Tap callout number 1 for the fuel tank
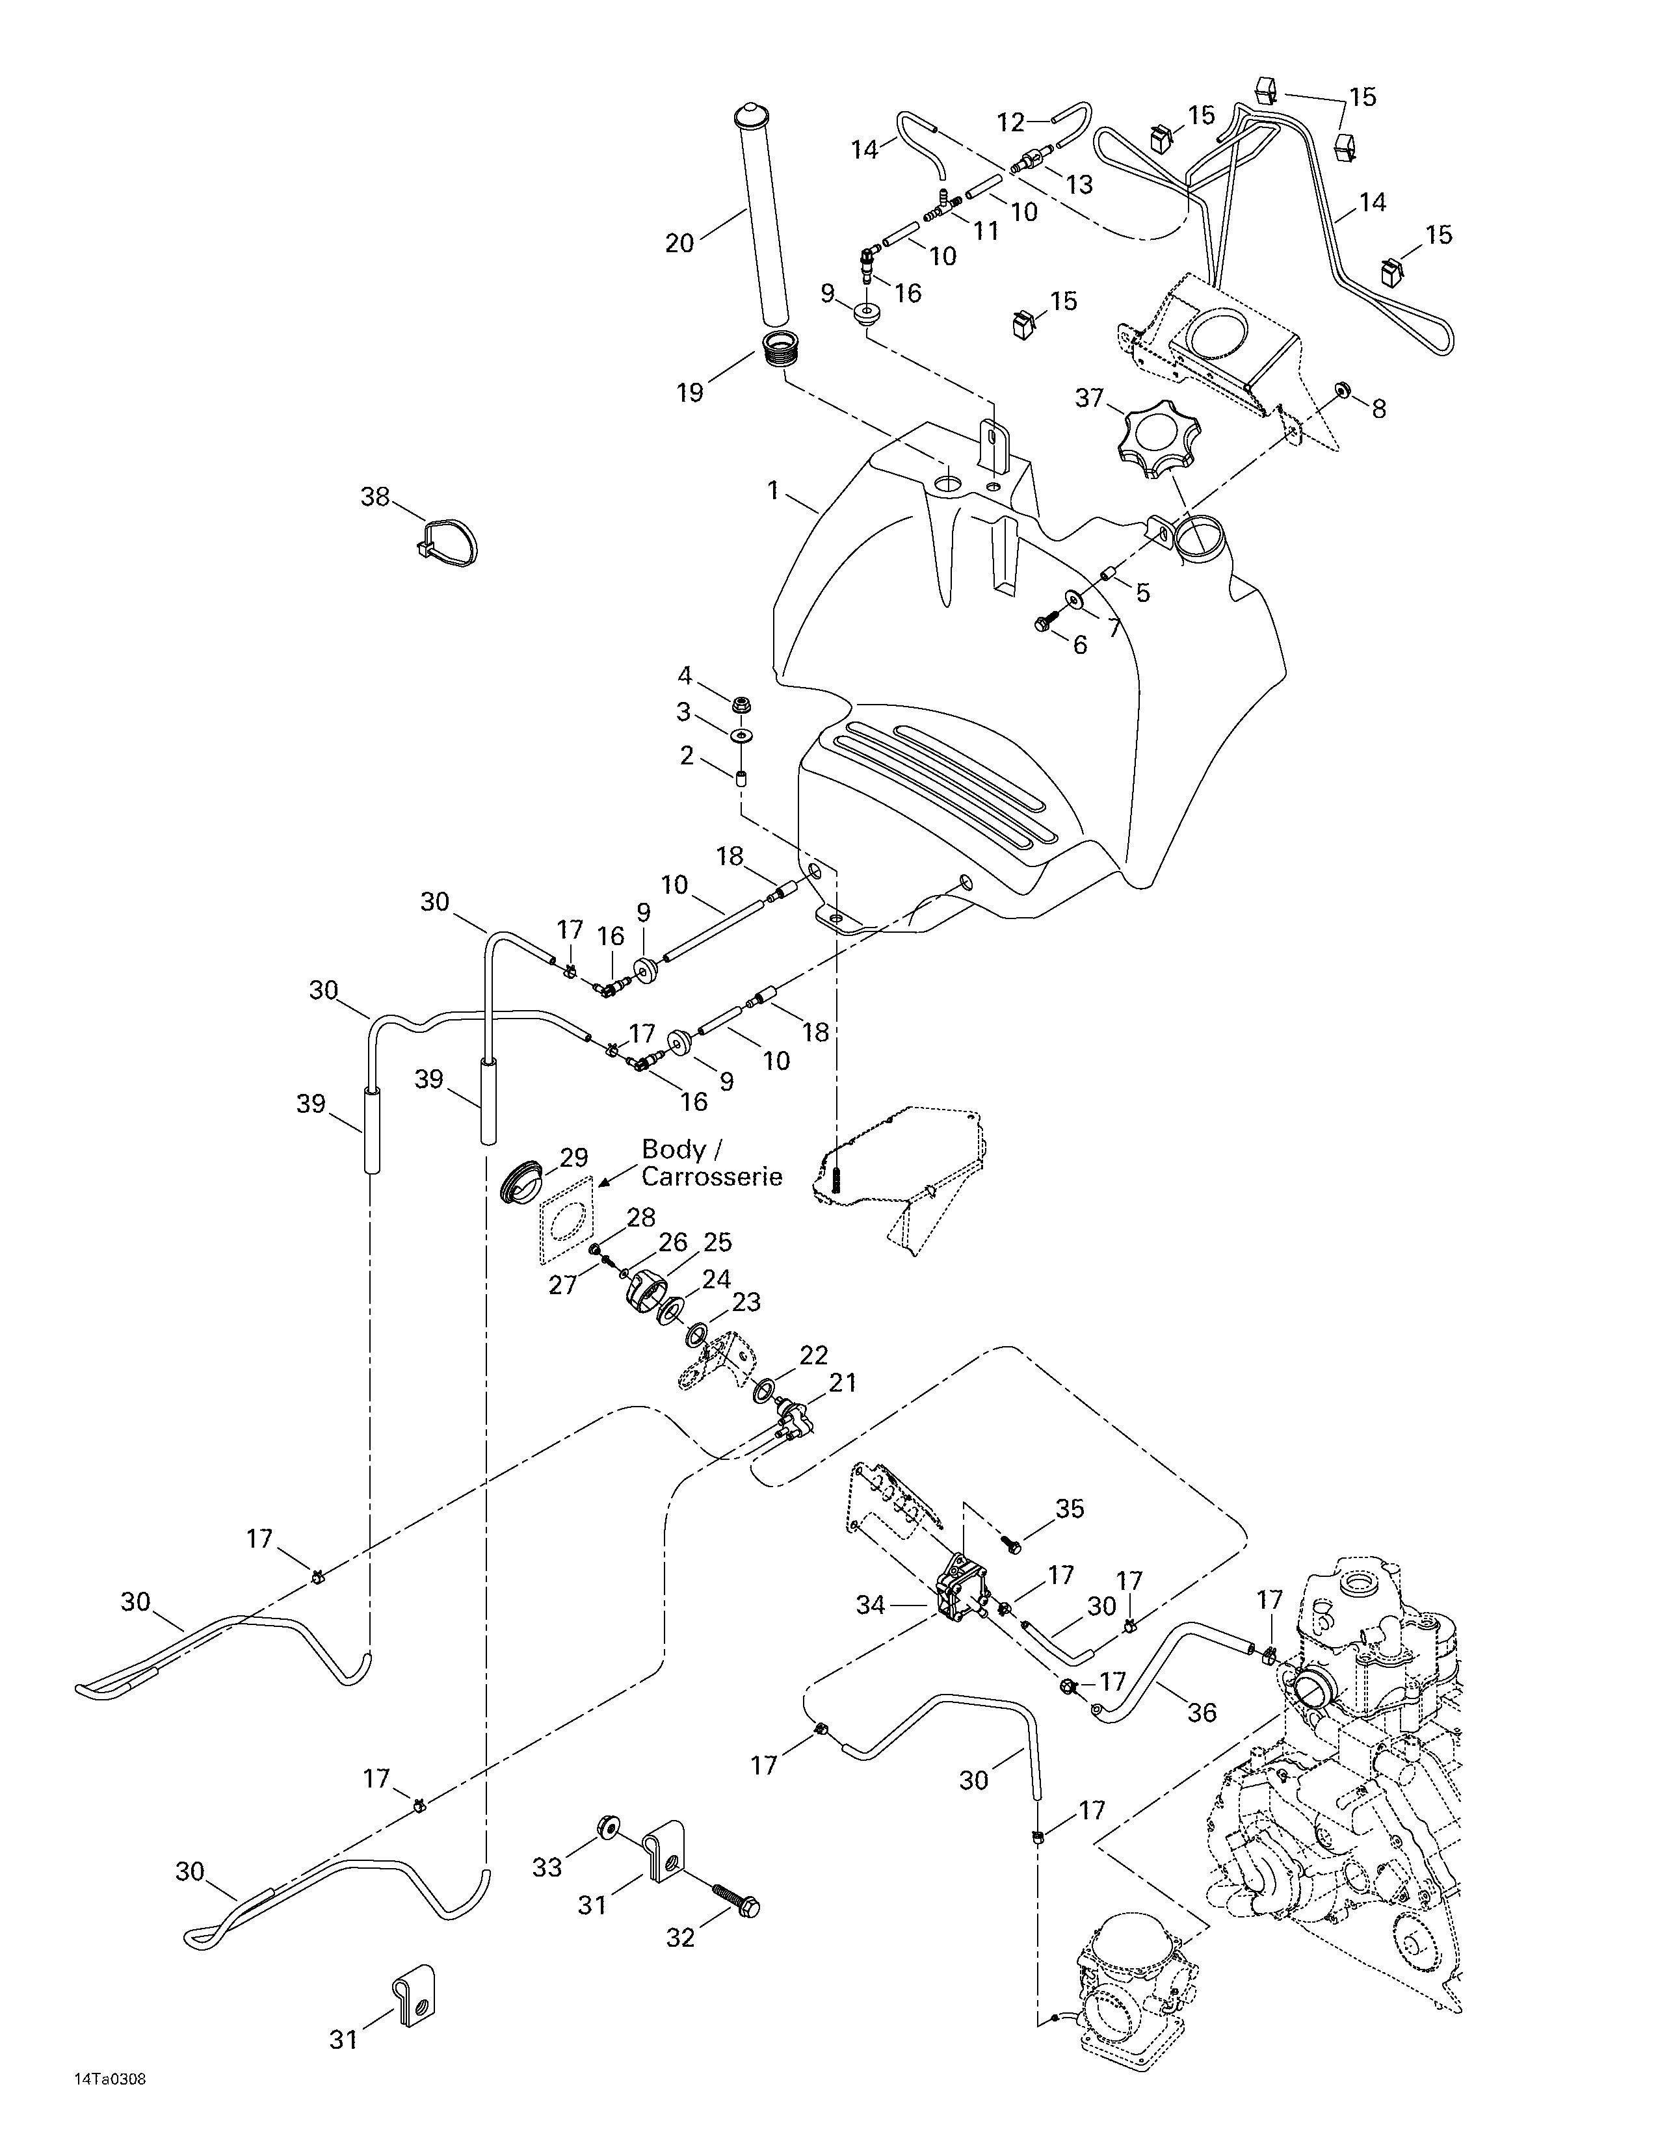(773, 490)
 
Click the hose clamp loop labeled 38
(451, 539)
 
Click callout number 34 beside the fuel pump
(870, 1605)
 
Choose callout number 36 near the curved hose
(1202, 1713)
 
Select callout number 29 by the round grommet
(573, 1157)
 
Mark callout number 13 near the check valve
(1079, 184)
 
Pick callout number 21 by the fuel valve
(842, 1383)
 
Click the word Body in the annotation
(673, 1149)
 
